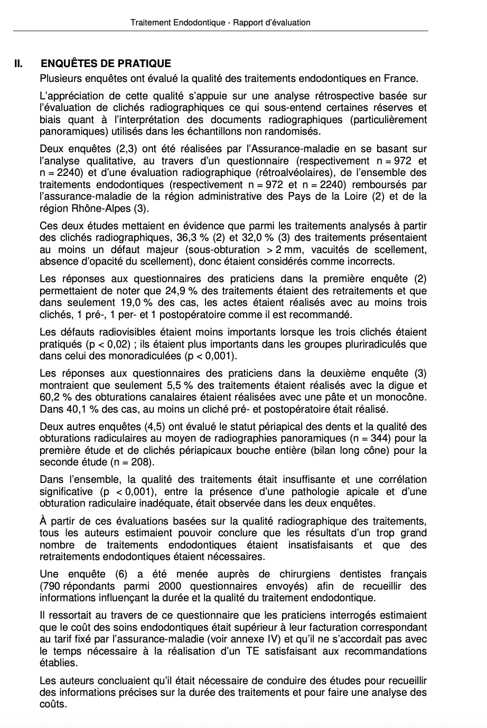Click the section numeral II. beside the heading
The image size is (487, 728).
pos(18,64)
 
